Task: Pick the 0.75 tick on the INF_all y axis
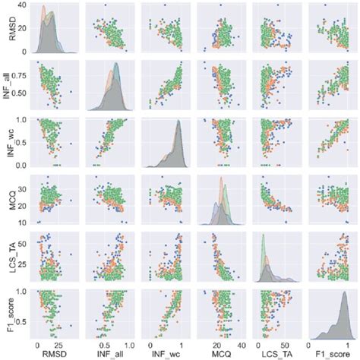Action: [21, 75]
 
